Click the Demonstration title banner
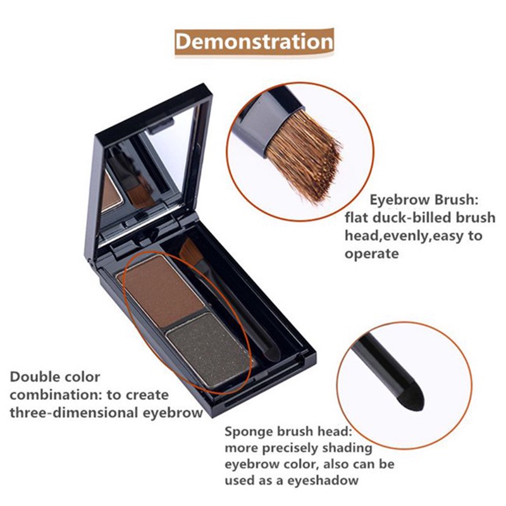[x=254, y=42]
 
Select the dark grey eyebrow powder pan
[x=209, y=350]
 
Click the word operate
[x=372, y=254]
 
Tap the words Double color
[x=55, y=376]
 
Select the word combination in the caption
[x=52, y=395]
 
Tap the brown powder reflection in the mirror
[x=111, y=192]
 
